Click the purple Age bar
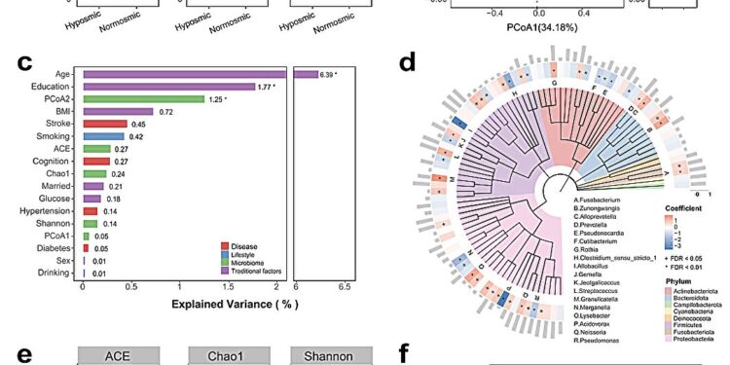click(x=184, y=73)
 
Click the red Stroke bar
click(x=105, y=124)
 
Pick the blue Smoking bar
click(x=104, y=136)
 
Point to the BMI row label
click(x=67, y=111)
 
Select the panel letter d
click(x=410, y=63)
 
